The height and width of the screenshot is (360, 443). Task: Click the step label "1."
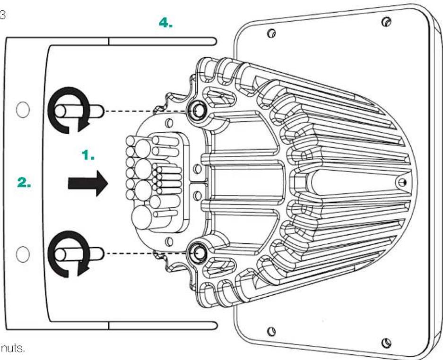pyautogui.click(x=88, y=155)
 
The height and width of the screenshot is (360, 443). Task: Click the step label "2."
pyautogui.click(x=24, y=182)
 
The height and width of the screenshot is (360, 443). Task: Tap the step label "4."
pyautogui.click(x=166, y=23)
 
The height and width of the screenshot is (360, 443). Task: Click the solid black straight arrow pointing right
pyautogui.click(x=88, y=183)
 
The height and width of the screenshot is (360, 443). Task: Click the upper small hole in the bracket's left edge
pyautogui.click(x=23, y=110)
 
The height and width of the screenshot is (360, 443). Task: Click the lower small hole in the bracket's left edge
pyautogui.click(x=23, y=254)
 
